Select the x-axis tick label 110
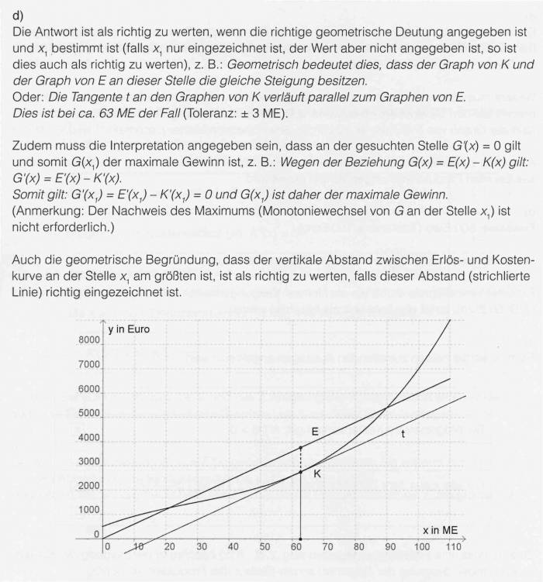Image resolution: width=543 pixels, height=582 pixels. point(454,548)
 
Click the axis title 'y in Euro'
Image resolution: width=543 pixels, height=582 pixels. point(129,329)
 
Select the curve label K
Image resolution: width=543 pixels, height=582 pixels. point(316,474)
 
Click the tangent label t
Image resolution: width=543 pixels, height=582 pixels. point(402,435)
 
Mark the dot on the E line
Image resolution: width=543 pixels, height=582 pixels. point(300,448)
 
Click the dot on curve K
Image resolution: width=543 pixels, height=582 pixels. point(300,472)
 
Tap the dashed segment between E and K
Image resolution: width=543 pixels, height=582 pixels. point(300,460)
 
